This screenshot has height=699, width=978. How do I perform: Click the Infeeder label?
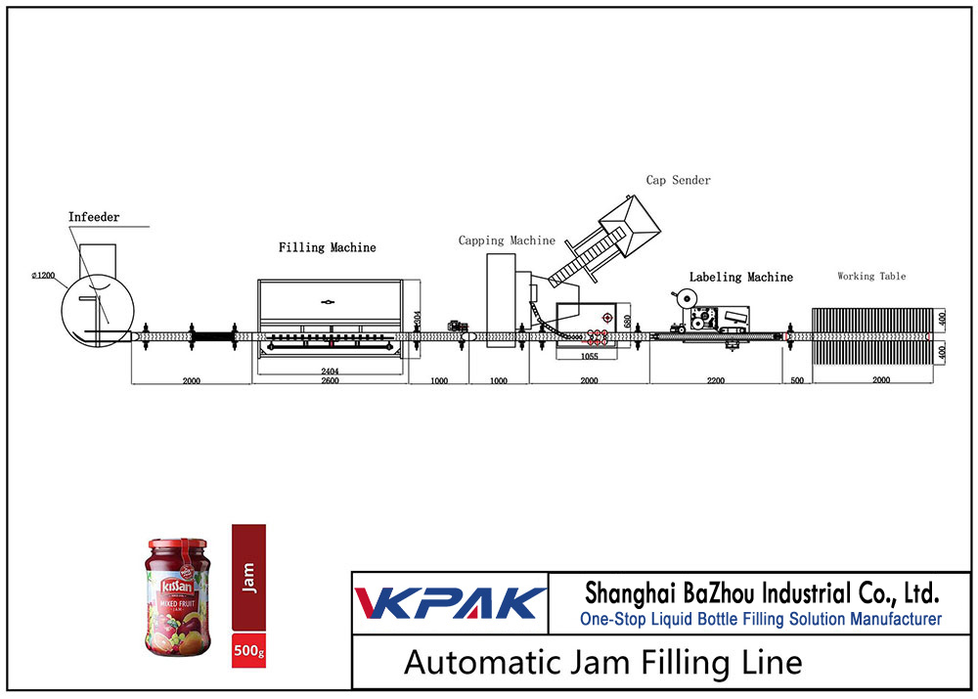[94, 217]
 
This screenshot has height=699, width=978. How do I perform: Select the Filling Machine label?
[327, 247]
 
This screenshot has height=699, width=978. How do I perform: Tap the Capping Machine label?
[507, 240]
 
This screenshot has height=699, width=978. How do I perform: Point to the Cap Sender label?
[678, 180]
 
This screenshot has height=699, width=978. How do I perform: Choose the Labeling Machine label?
[740, 278]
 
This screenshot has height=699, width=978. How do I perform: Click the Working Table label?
[870, 277]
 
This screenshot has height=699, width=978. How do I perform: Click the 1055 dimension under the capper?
[590, 357]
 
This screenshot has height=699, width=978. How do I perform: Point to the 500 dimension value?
[796, 381]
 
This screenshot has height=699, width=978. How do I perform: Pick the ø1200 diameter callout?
[42, 276]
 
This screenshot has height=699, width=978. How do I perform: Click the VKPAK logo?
[450, 603]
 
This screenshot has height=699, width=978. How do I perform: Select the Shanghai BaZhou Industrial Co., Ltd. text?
[761, 592]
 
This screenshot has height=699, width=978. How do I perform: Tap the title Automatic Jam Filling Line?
[602, 662]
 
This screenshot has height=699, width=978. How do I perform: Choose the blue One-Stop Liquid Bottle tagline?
[761, 619]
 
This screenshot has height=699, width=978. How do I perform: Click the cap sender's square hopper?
[626, 221]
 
